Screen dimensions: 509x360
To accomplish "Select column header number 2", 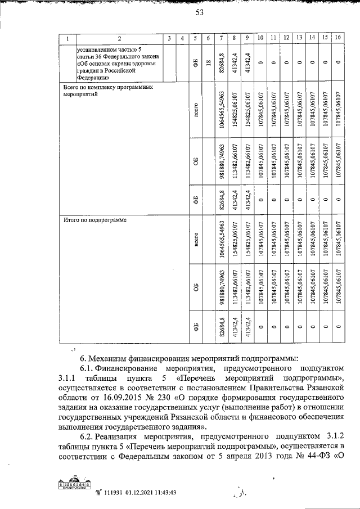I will tap(119, 38).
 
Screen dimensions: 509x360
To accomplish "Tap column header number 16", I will tap(337, 38).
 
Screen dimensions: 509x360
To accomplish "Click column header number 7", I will tap(223, 38).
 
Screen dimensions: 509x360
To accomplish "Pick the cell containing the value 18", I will tap(208, 63).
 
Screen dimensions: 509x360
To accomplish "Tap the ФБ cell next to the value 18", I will tap(194, 63).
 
